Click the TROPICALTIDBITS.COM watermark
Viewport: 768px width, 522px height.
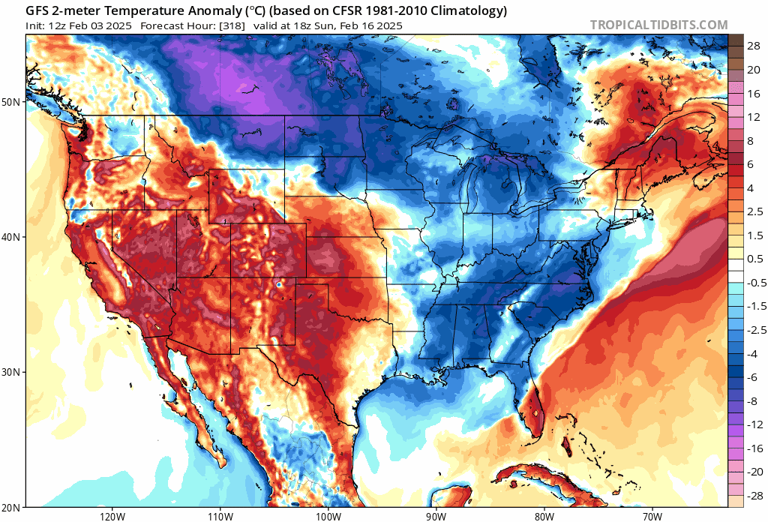[658, 25]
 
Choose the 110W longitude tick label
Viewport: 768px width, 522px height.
[219, 516]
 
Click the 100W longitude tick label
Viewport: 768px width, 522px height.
[328, 516]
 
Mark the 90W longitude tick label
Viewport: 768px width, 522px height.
[436, 516]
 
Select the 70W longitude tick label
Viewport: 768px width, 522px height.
[652, 516]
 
